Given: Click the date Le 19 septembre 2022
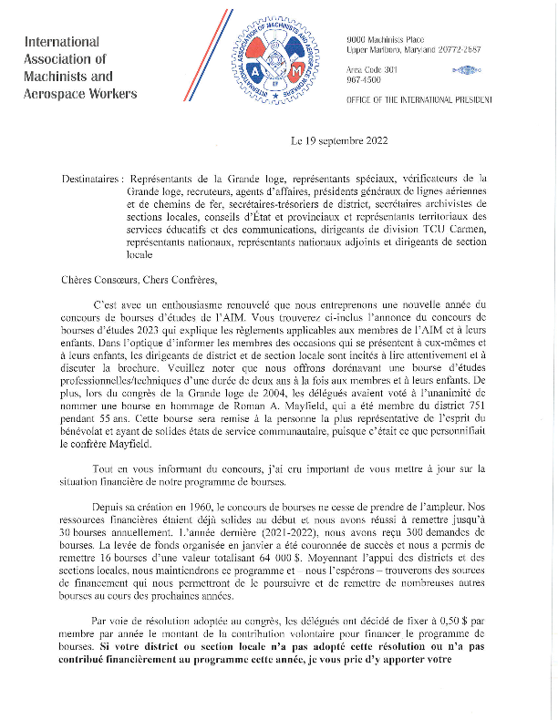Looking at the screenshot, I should [339, 140].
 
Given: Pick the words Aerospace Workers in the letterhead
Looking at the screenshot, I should [81, 94].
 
